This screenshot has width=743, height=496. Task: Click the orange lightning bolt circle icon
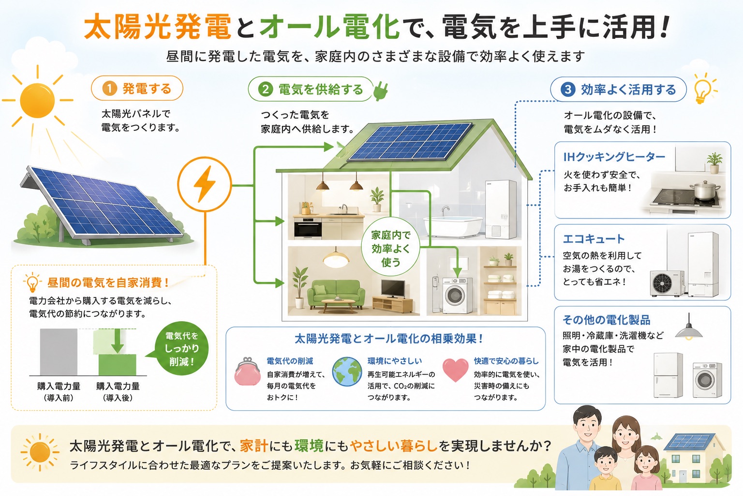(205, 184)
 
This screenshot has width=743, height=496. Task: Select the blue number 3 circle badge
(568, 89)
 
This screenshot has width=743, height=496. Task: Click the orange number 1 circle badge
(109, 89)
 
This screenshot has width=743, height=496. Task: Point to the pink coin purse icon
(247, 372)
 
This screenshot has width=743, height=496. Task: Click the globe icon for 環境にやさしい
(347, 372)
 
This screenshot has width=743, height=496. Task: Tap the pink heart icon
(455, 370)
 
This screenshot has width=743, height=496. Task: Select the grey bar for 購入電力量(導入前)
(59, 352)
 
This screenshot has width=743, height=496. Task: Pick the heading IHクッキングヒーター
(614, 157)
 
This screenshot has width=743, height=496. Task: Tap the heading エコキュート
(594, 239)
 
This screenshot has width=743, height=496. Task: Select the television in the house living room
(393, 289)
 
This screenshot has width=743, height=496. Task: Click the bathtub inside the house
(453, 226)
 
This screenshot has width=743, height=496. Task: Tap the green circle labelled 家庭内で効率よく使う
(390, 248)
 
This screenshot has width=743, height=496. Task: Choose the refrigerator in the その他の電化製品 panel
(668, 375)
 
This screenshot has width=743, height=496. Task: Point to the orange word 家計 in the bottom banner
(254, 446)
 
